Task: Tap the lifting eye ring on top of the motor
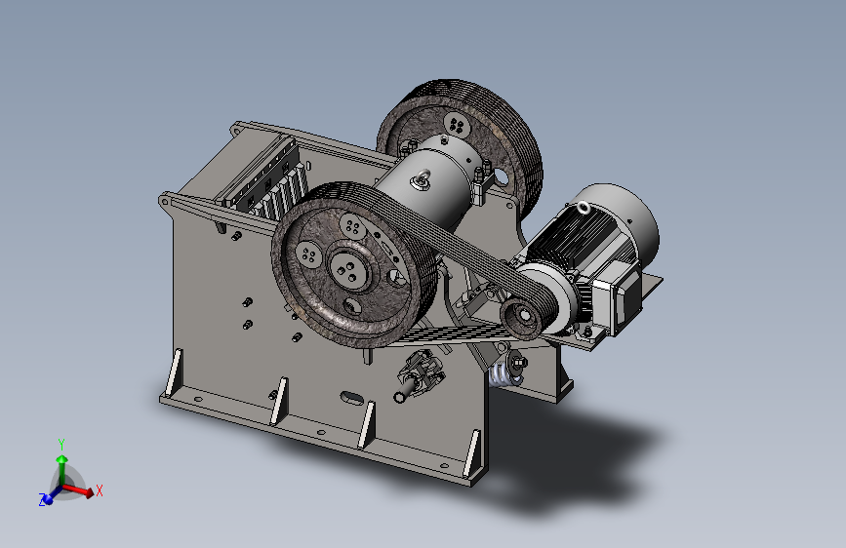coord(584,207)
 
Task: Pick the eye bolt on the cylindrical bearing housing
coord(421,178)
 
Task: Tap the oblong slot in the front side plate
coord(351,398)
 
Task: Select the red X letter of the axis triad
coord(100,490)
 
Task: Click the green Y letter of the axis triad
coord(61,445)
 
